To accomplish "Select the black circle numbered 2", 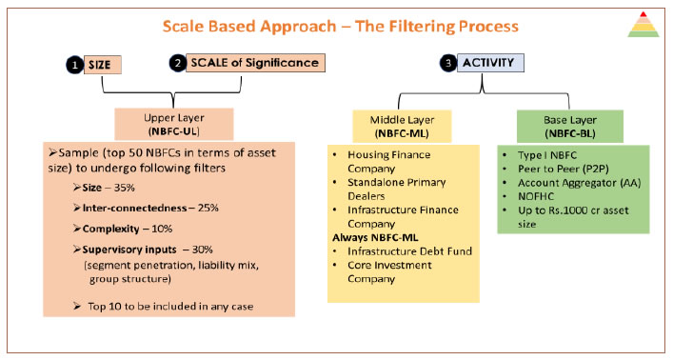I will (177, 64).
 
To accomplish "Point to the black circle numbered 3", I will (448, 65).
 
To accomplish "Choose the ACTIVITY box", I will (488, 64).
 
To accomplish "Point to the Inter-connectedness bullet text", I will (138, 209).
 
